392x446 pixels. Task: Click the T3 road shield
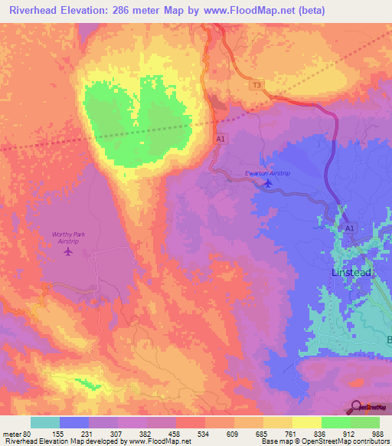pos(255,87)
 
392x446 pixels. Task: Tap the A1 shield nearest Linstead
pos(350,228)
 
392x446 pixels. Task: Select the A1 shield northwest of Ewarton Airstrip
pos(220,139)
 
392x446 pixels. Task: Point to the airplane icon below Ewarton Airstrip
pos(266,185)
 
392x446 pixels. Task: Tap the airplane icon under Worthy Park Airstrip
pos(68,251)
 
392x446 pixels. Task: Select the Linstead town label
pos(353,273)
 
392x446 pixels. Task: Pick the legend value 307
pos(117,433)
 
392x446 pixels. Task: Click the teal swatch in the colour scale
pos(45,422)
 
